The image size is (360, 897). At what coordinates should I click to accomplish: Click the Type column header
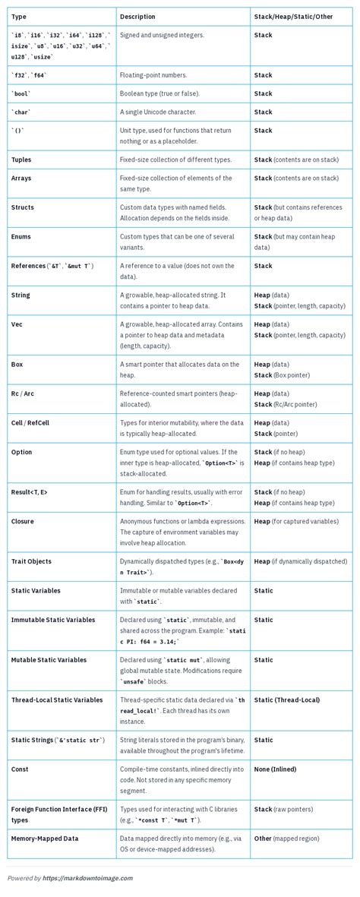(19, 16)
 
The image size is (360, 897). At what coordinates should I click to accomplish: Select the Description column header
(137, 16)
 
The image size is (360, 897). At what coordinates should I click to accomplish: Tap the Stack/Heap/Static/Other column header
(292, 16)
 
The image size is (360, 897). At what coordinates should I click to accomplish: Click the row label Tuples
(21, 160)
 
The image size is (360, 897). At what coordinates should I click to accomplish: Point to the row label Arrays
(21, 178)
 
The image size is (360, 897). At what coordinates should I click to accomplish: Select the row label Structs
(23, 207)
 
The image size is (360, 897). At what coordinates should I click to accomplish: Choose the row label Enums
(22, 236)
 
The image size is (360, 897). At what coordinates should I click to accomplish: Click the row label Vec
(17, 324)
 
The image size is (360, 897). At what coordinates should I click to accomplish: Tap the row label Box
(17, 364)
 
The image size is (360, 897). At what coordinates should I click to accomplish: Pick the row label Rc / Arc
(23, 393)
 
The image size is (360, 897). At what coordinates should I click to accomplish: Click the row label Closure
(23, 521)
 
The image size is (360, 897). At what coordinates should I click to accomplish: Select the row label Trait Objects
(31, 561)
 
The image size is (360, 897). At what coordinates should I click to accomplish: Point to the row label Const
(20, 769)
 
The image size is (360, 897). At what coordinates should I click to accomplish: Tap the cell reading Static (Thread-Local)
(286, 700)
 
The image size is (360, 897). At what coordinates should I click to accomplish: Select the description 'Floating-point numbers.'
(153, 75)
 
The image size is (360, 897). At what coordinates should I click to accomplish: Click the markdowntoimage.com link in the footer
(87, 878)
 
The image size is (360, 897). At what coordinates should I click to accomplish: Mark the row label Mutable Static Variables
(49, 660)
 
